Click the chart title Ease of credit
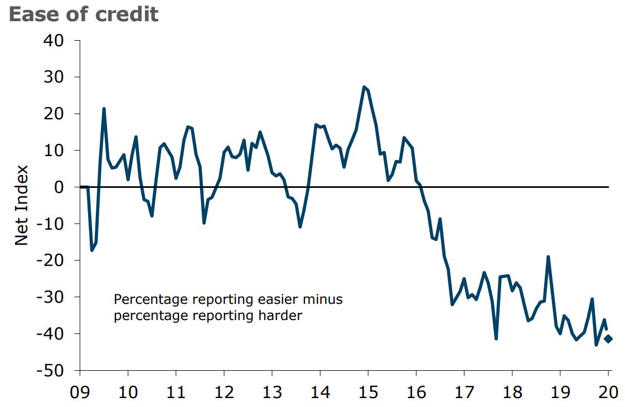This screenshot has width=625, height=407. pos(84,14)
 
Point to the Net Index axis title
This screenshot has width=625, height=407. pos(21,205)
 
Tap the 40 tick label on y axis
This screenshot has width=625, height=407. pos(54,41)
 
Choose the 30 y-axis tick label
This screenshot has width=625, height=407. pos(54,77)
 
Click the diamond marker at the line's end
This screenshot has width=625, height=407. pos(608,339)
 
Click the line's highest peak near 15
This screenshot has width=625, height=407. pos(364,87)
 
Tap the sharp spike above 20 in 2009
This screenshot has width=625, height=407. pos(104,109)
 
